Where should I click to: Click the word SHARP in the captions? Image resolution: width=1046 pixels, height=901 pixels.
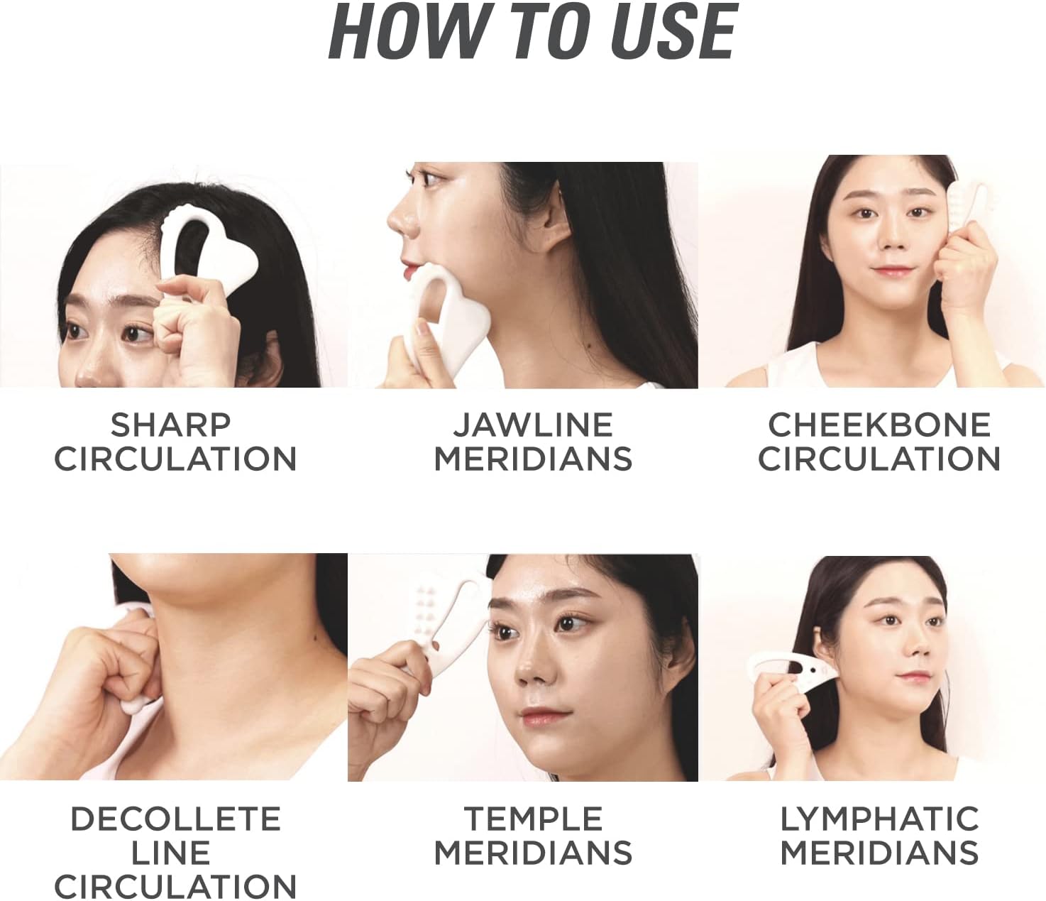coord(171,425)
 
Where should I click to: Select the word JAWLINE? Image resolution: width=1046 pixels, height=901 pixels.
coord(533,425)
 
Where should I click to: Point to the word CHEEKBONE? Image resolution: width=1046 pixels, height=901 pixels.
coord(879,425)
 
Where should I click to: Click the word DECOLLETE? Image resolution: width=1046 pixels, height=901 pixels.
coord(175,819)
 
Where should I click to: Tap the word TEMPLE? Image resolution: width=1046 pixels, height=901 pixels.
coord(533,819)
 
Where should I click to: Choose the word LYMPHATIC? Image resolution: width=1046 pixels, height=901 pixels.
coord(879,819)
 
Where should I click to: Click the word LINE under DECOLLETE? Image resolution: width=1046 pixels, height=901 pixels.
coord(171,853)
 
